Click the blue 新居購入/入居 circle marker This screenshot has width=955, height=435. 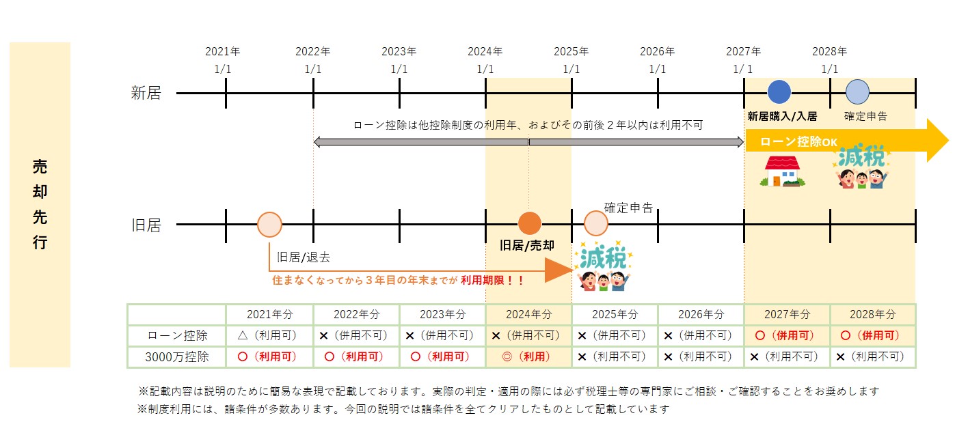click(x=779, y=92)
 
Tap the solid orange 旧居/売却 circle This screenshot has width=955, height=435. click(x=530, y=223)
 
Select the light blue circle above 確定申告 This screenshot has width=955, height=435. click(x=857, y=92)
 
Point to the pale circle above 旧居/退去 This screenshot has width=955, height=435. click(x=269, y=224)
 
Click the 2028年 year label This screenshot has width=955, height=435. click(x=829, y=51)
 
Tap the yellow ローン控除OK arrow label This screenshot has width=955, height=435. click(x=798, y=142)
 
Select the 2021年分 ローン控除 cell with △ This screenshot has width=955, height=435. click(x=269, y=335)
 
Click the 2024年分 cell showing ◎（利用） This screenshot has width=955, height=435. click(x=528, y=356)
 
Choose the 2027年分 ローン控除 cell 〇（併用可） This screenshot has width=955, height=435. click(x=787, y=335)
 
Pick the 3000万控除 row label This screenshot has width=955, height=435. click(x=177, y=356)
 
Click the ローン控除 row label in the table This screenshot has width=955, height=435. click(x=177, y=335)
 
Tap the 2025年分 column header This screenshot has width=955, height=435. click(x=614, y=314)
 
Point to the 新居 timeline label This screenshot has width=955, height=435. click(x=146, y=93)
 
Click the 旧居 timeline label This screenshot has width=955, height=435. click(x=146, y=225)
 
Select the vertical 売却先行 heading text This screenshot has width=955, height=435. click(x=40, y=204)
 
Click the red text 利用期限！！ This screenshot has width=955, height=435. click(x=492, y=280)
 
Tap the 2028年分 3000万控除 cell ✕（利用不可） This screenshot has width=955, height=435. click(x=872, y=356)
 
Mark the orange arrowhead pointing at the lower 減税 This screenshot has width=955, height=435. click(x=559, y=270)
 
